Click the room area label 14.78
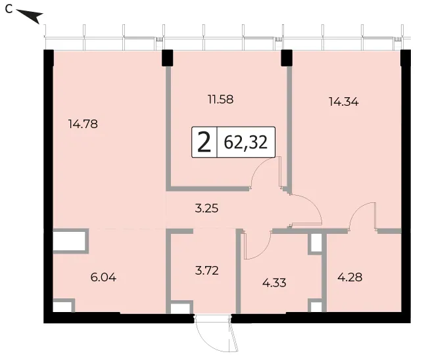pos(83,124)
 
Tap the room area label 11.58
pos(221,100)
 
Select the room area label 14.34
pos(344,102)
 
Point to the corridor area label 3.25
pos(206,208)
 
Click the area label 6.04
pos(103,277)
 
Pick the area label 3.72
pos(206,271)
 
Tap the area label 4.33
pos(274,283)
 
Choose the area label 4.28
pos(350,277)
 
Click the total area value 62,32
pos(246,143)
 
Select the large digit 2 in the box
pos(204,143)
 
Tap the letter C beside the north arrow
pos(9,9)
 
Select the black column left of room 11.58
pos(168,58)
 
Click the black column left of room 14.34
pos(287,58)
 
